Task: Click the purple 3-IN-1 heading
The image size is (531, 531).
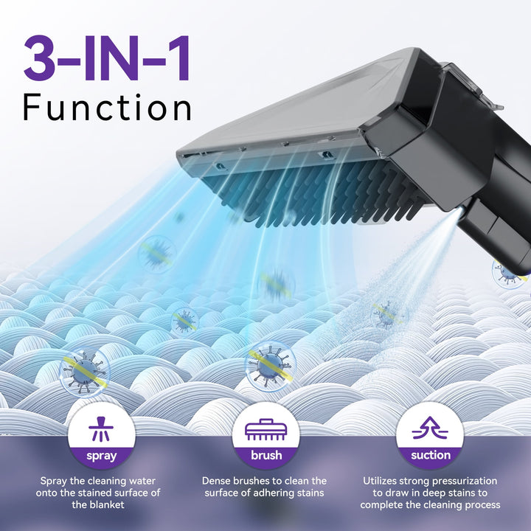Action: click(x=107, y=58)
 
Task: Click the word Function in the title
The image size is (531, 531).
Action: click(x=107, y=108)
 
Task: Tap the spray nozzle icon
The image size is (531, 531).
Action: click(x=101, y=428)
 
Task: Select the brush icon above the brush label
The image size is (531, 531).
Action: click(x=265, y=429)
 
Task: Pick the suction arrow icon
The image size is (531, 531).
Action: click(x=430, y=428)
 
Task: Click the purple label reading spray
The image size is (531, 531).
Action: click(x=102, y=456)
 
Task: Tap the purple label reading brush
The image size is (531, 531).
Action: click(x=266, y=455)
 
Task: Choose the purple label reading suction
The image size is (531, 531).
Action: click(x=431, y=455)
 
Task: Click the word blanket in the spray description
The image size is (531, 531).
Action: click(x=107, y=504)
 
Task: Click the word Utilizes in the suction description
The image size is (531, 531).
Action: click(x=378, y=481)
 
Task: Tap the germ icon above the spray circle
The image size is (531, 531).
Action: click(x=84, y=372)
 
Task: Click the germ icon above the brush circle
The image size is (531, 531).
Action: click(x=270, y=366)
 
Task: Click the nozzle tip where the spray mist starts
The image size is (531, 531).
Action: click(x=459, y=211)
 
